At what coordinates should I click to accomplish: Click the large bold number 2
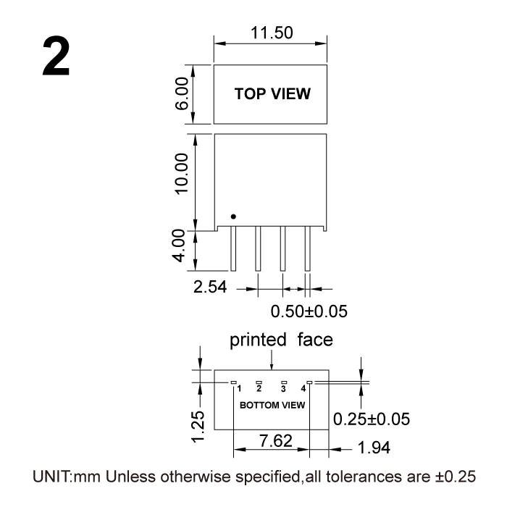click(56, 56)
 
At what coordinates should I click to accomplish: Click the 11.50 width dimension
click(272, 33)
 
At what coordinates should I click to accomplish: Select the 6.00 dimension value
click(181, 93)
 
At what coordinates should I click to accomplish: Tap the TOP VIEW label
click(272, 93)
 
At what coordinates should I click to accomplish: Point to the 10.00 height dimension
click(181, 174)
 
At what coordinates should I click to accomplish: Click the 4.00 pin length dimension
click(178, 246)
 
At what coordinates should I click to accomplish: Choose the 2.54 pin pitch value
click(210, 287)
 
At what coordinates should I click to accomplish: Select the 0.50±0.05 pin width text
click(309, 311)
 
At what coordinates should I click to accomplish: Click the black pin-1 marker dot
click(233, 217)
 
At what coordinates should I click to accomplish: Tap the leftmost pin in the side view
click(233, 248)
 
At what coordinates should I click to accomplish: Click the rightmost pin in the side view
click(308, 248)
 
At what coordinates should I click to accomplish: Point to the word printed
click(258, 340)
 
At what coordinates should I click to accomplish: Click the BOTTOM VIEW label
click(272, 405)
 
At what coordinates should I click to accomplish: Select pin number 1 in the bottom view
click(239, 388)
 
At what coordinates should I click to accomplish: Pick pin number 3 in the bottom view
click(284, 388)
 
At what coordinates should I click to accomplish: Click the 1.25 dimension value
click(198, 427)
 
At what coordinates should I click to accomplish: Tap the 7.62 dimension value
click(276, 440)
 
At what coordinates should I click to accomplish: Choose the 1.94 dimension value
click(374, 448)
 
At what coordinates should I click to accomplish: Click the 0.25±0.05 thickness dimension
click(372, 419)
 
